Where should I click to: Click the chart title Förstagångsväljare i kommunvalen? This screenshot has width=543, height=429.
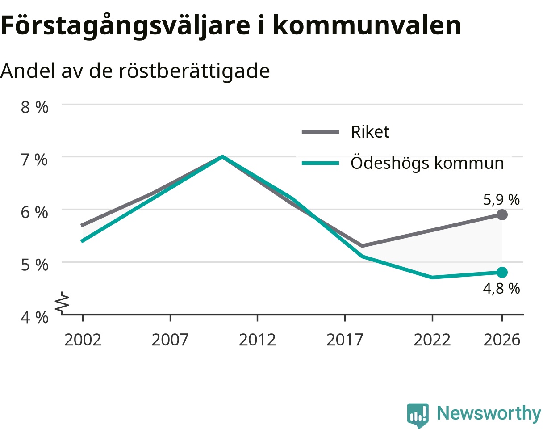point(231,26)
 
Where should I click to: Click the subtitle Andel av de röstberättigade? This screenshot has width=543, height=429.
point(135,71)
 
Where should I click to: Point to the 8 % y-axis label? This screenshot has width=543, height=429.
point(34,107)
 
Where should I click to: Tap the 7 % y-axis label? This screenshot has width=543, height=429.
point(34,160)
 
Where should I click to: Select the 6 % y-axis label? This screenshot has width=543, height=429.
point(34,212)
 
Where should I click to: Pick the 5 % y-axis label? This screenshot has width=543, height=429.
point(34,265)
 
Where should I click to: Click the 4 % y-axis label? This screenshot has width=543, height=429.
point(34,317)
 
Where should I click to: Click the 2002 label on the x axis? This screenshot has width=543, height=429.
point(83,340)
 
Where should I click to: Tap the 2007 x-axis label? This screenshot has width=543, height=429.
point(170,340)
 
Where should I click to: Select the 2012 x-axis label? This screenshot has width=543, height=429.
point(257,340)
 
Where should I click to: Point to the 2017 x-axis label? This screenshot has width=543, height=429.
point(345,340)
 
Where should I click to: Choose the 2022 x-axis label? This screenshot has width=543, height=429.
point(432,340)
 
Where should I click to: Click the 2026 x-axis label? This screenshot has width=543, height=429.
point(502,340)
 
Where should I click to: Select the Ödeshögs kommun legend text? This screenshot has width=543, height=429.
point(427,162)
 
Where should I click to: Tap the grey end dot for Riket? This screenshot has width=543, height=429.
point(502,214)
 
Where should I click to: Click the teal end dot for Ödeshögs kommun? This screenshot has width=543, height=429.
point(502,272)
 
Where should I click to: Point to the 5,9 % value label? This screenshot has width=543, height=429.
point(501,200)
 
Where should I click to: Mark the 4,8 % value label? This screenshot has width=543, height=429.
point(501,288)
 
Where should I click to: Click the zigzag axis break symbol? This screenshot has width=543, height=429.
point(62,303)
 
